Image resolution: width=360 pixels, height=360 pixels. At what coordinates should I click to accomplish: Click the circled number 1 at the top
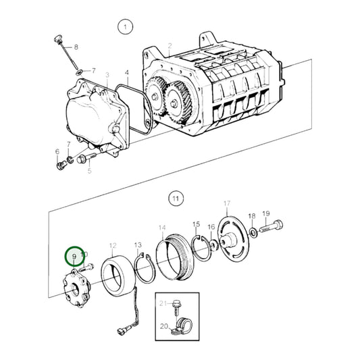(x=124, y=27)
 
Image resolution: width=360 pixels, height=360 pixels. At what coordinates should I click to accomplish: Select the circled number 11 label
(x=176, y=199)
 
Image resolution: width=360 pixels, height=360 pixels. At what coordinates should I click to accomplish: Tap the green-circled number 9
(x=73, y=257)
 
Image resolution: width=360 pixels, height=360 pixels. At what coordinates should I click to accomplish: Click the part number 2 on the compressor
(x=170, y=45)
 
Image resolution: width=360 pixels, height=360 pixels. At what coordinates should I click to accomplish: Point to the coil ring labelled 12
(x=116, y=277)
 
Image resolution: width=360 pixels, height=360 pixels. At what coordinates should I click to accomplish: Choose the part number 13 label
(x=137, y=245)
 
